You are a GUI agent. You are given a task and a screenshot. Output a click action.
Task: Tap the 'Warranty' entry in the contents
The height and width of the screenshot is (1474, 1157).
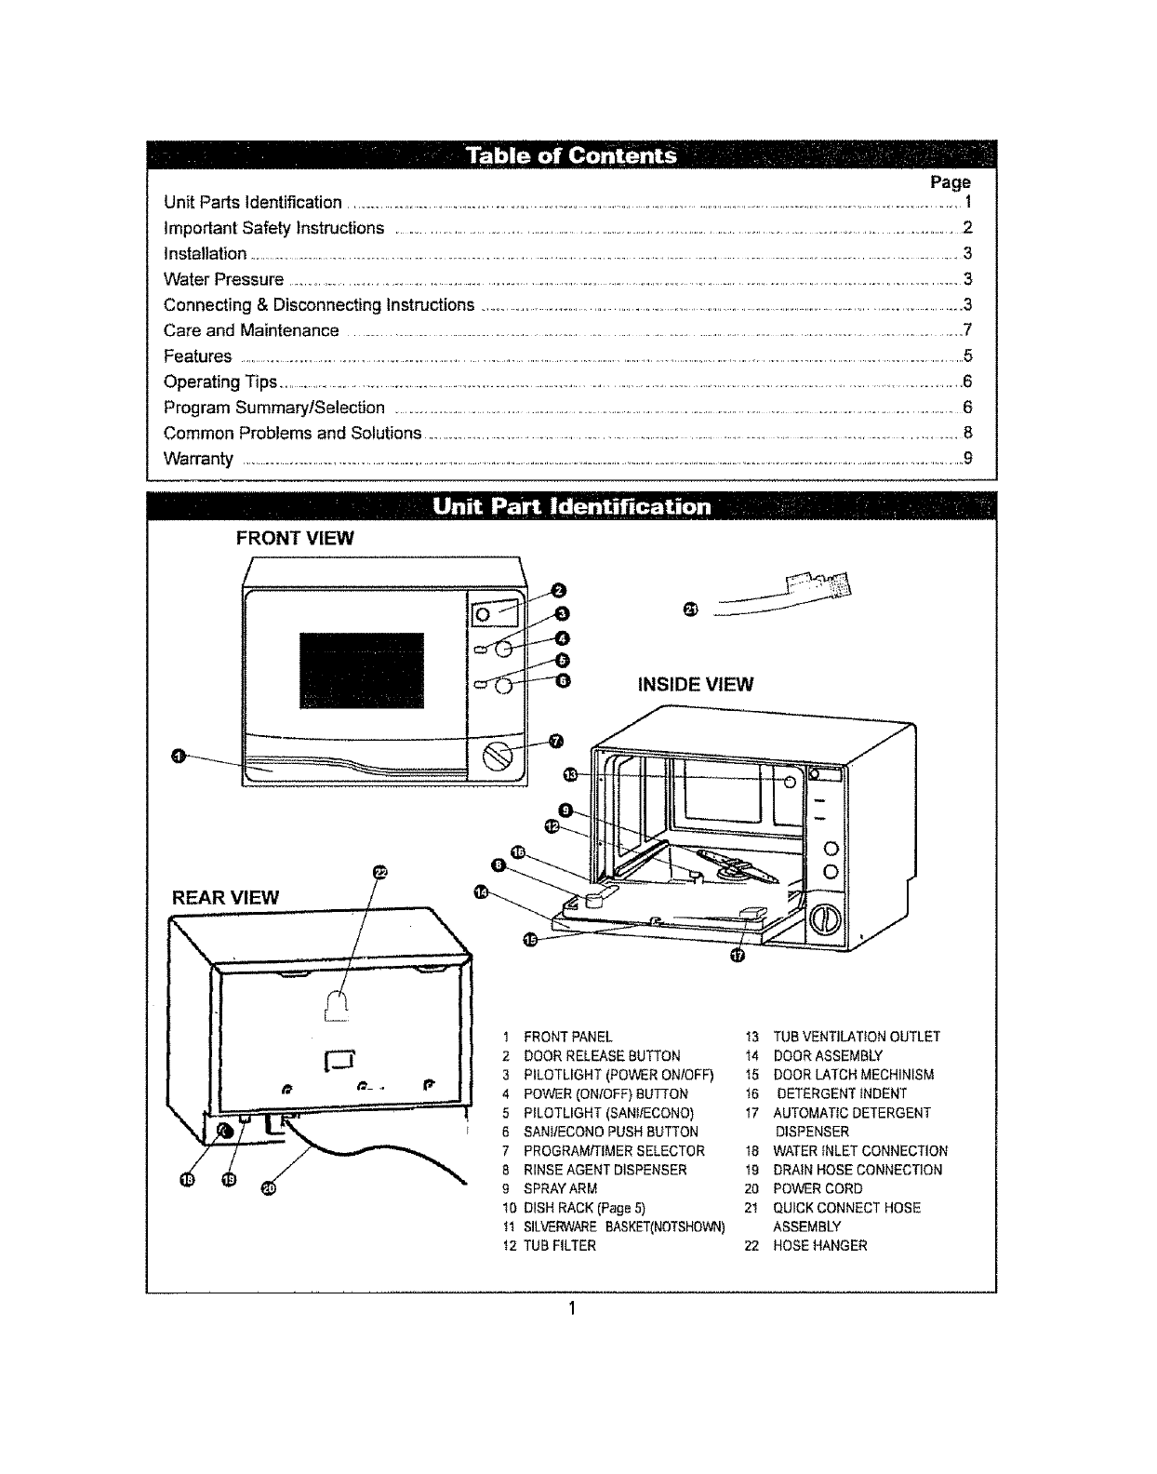198,459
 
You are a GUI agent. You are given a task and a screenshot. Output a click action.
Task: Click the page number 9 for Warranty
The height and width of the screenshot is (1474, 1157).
967,458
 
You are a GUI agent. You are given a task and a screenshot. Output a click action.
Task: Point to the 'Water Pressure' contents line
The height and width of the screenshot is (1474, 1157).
223,279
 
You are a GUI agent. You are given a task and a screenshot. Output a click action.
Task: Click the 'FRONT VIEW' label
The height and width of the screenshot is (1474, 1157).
295,539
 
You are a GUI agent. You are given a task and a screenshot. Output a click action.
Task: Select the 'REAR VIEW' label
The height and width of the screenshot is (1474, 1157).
225,897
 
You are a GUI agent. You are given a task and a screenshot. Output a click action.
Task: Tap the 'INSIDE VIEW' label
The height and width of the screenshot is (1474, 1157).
695,685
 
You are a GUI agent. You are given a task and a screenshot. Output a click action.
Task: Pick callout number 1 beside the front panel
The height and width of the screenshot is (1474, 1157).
177,755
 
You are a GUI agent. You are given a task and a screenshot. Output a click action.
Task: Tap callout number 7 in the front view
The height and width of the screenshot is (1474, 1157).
556,741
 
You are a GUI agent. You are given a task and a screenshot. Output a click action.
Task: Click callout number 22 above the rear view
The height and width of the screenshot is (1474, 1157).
379,872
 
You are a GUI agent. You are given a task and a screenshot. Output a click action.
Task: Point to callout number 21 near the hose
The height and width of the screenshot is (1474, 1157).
689,610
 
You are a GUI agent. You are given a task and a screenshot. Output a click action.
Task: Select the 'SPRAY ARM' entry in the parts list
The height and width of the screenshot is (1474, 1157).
560,1188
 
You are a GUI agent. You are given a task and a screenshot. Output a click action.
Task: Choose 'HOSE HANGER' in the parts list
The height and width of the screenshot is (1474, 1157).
819,1245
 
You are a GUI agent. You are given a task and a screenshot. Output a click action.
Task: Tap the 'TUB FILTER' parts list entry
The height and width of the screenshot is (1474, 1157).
559,1245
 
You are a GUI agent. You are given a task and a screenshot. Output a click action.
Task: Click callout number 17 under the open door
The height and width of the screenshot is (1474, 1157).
737,957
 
